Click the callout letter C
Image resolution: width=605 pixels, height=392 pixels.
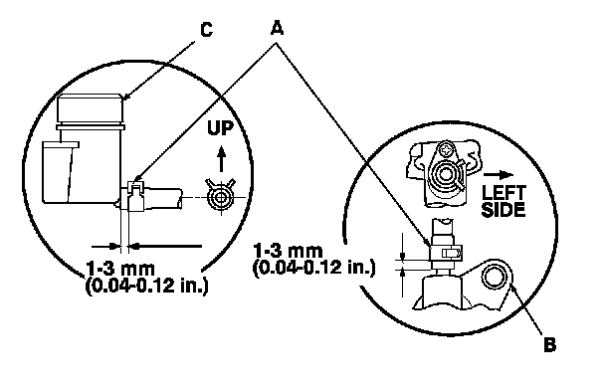pyautogui.click(x=207, y=30)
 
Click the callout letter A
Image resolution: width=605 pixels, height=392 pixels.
pyautogui.click(x=277, y=28)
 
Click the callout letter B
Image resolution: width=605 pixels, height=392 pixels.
pyautogui.click(x=550, y=344)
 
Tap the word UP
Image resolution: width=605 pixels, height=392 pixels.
pyautogui.click(x=221, y=128)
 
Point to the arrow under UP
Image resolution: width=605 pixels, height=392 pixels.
pyautogui.click(x=221, y=159)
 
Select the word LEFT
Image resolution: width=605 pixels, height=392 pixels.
pyautogui.click(x=504, y=192)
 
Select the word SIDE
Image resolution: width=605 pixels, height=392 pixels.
pyautogui.click(x=504, y=210)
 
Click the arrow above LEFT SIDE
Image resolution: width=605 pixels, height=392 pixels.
pyautogui.click(x=499, y=175)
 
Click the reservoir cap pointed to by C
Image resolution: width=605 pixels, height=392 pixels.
pyautogui.click(x=91, y=109)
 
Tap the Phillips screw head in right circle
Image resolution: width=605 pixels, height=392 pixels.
pyautogui.click(x=447, y=149)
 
